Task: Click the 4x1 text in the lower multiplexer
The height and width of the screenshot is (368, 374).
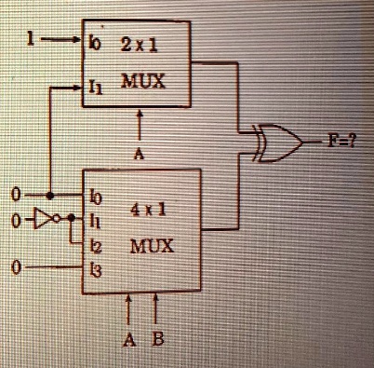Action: (x=147, y=211)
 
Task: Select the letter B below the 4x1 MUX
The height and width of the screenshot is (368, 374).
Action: (x=158, y=338)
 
